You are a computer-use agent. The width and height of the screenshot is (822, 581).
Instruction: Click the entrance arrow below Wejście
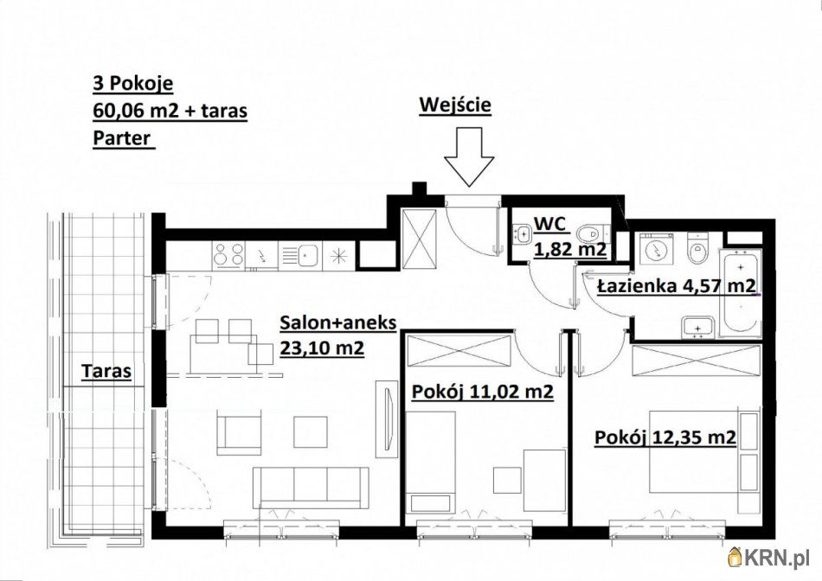coord(469,156)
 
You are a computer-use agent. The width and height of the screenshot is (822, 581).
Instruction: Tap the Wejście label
coord(455,105)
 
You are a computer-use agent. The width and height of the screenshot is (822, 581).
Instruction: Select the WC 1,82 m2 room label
coord(569,237)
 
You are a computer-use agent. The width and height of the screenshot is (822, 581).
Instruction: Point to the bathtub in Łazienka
coord(740,293)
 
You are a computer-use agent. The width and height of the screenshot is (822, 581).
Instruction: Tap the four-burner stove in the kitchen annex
coord(228,255)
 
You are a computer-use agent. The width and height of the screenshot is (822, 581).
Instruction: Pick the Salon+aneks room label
coord(337,335)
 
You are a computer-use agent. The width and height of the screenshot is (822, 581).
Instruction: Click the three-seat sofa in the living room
coord(311,488)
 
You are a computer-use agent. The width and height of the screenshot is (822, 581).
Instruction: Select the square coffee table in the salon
coord(311,431)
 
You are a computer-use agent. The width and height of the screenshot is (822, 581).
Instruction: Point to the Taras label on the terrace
coord(106,372)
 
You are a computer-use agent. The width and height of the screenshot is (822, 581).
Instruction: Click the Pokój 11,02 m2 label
coord(483,392)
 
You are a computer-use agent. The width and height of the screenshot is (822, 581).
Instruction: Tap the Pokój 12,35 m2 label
coord(665,437)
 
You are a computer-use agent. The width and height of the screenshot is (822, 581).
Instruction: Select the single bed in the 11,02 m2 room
coord(431,462)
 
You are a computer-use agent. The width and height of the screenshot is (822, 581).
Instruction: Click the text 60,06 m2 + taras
coord(170,111)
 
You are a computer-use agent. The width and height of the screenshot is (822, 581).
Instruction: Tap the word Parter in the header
coord(122,139)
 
